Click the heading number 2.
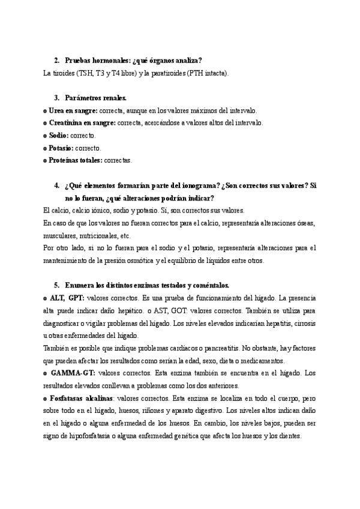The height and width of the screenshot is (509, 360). click(56, 61)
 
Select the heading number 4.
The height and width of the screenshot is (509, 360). click(56, 187)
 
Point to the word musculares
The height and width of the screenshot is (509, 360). click(61, 236)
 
